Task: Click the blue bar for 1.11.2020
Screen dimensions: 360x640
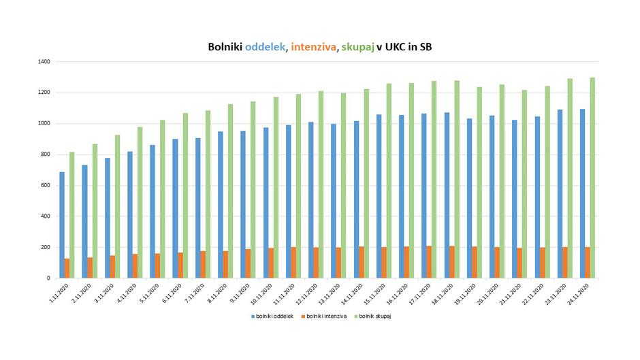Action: [62, 225]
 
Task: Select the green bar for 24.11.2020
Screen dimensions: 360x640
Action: [592, 178]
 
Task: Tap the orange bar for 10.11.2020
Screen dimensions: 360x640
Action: [270, 263]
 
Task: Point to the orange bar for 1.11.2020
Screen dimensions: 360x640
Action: [67, 268]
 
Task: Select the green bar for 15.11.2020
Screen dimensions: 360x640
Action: [389, 180]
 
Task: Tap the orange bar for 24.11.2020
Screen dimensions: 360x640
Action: [588, 262]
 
